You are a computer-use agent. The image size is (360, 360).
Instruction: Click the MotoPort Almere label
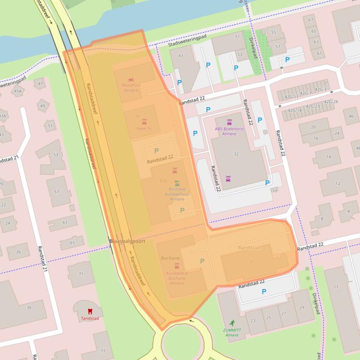pos(131,87)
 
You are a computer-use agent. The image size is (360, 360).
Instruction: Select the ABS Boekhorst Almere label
pos(229,131)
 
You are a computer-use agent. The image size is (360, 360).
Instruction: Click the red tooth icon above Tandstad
pos(90,311)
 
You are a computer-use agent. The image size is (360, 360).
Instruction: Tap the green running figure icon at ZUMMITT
pos(232,323)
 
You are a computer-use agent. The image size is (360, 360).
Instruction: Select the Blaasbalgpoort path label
pos(127,241)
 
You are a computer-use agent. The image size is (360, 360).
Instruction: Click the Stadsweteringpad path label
pos(187,40)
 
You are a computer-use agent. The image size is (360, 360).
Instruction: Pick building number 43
pos(181,56)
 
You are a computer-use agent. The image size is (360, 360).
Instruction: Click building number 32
pos(236,154)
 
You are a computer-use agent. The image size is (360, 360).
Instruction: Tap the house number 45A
pos(18,91)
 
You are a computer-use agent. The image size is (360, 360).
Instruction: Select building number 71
pos(81,274)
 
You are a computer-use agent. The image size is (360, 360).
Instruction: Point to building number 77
pos(103,351)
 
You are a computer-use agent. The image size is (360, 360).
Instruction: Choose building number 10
pos(274,190)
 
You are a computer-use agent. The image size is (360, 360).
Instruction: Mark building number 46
pos(351,116)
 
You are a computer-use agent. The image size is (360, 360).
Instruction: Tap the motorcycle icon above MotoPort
pos(131,79)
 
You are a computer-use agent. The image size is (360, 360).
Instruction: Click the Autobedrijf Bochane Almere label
pos(177,278)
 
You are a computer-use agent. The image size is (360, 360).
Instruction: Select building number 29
pos(301,307)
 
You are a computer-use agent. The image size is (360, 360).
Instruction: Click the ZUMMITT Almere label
pos(232,332)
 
